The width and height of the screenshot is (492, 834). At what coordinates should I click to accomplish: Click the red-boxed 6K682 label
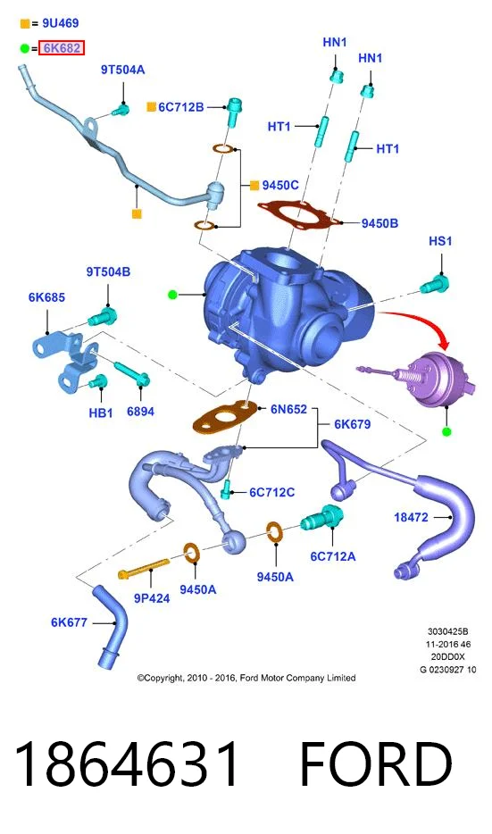(x=62, y=48)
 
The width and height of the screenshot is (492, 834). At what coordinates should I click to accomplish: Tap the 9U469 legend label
(x=61, y=23)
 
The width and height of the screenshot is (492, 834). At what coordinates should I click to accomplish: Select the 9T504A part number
(x=123, y=70)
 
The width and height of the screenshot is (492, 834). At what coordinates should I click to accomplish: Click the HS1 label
(x=440, y=241)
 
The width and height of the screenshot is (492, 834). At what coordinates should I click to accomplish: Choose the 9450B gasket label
(x=379, y=223)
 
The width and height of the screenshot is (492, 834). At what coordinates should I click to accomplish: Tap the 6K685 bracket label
(x=46, y=297)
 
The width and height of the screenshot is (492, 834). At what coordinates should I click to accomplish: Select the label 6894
(x=140, y=411)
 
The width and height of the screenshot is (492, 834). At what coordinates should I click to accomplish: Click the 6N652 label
(x=288, y=409)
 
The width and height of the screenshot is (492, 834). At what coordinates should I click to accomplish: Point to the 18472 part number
(x=411, y=517)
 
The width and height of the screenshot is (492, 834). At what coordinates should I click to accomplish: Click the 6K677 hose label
(x=69, y=622)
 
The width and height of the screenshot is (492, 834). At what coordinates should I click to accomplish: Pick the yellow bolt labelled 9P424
(x=143, y=568)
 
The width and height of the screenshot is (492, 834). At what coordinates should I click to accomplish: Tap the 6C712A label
(x=333, y=556)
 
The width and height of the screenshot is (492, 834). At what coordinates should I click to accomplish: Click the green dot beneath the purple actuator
(x=446, y=431)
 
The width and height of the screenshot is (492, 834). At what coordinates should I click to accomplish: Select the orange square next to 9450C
(x=254, y=185)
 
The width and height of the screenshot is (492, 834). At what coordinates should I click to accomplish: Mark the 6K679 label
(x=353, y=424)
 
